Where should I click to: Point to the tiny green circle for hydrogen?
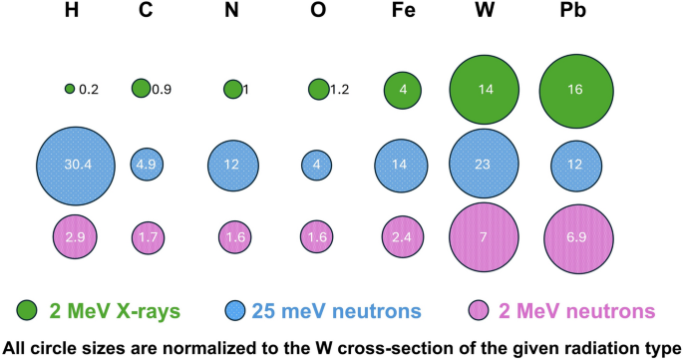69,89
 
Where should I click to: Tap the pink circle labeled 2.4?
402,238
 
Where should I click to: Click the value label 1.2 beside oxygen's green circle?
339,90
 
